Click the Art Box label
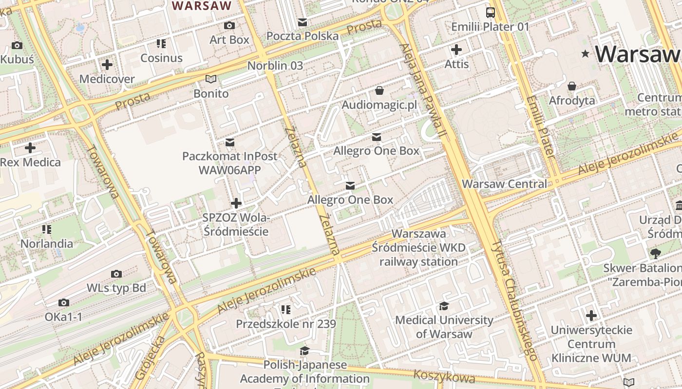coord(229,40)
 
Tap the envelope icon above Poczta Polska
coord(303,22)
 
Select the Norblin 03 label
coord(275,65)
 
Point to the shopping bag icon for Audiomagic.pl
coord(379,90)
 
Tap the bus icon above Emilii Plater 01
coord(490,13)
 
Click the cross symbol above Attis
coord(456,50)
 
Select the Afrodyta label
coord(572,101)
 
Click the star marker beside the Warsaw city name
coord(585,53)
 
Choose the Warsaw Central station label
coord(505,184)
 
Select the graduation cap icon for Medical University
coord(444,306)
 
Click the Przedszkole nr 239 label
coord(286,324)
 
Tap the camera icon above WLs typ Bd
coord(116,274)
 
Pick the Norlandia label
coord(47,243)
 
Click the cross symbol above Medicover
coord(107,64)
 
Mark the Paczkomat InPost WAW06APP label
coord(230,163)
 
